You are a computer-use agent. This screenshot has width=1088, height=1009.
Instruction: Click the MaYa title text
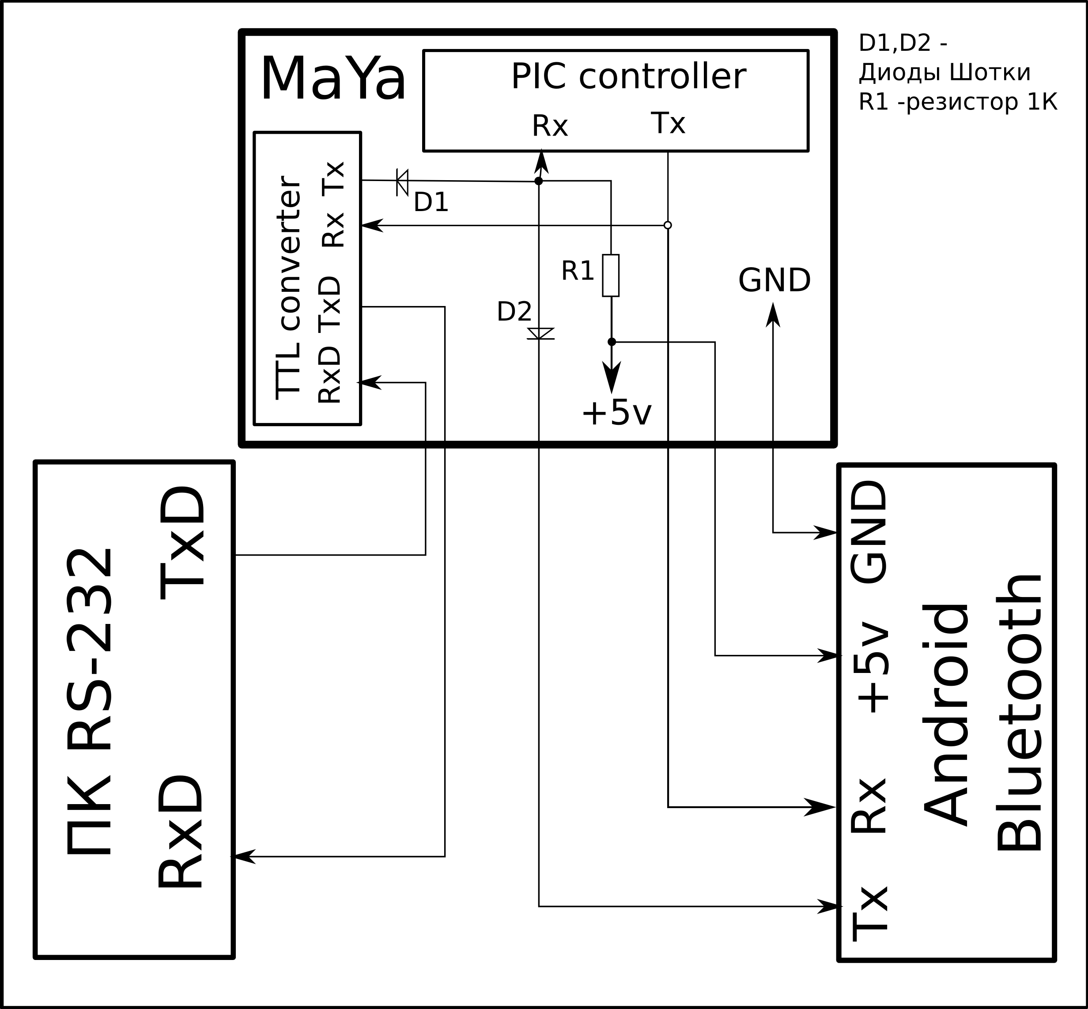333,79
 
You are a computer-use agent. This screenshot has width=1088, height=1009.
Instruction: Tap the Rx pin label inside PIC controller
550,126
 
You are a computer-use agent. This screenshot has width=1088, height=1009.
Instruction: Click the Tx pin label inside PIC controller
668,123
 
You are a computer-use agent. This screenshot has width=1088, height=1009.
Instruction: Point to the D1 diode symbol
402,181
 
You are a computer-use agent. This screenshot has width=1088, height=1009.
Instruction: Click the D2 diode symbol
540,333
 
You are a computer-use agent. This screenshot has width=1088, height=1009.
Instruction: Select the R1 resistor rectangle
610,275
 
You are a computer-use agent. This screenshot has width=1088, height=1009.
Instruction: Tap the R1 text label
577,272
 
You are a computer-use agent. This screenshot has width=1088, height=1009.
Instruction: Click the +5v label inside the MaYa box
616,413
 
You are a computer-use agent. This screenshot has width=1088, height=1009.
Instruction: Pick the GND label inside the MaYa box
774,281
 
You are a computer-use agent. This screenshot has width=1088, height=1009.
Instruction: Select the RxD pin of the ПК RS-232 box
181,831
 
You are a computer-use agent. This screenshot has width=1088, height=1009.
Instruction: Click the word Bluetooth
1019,713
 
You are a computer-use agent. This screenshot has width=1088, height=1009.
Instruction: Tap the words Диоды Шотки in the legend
944,72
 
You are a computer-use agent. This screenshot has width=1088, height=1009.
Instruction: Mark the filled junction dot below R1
612,342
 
